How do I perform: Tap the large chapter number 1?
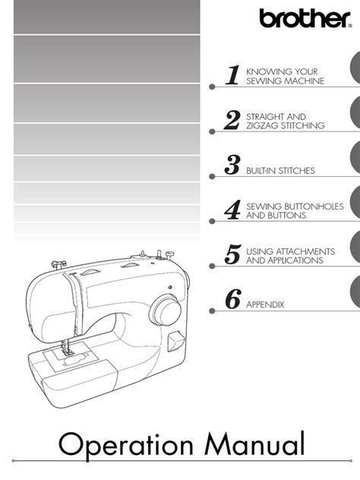tap(233, 74)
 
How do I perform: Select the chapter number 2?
tap(232, 119)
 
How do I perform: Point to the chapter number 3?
tap(233, 164)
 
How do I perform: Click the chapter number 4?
tap(233, 210)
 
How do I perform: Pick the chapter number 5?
tap(233, 254)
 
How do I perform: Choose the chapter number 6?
tap(233, 299)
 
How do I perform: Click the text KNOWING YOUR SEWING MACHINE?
tap(286, 75)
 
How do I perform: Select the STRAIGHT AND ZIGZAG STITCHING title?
tap(286, 121)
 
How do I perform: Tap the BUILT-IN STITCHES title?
tap(281, 171)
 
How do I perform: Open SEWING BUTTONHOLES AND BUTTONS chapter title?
tap(295, 210)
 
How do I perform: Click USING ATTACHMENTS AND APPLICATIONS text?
tap(291, 255)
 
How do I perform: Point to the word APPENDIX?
tap(265, 305)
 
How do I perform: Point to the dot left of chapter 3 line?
tap(212, 176)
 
